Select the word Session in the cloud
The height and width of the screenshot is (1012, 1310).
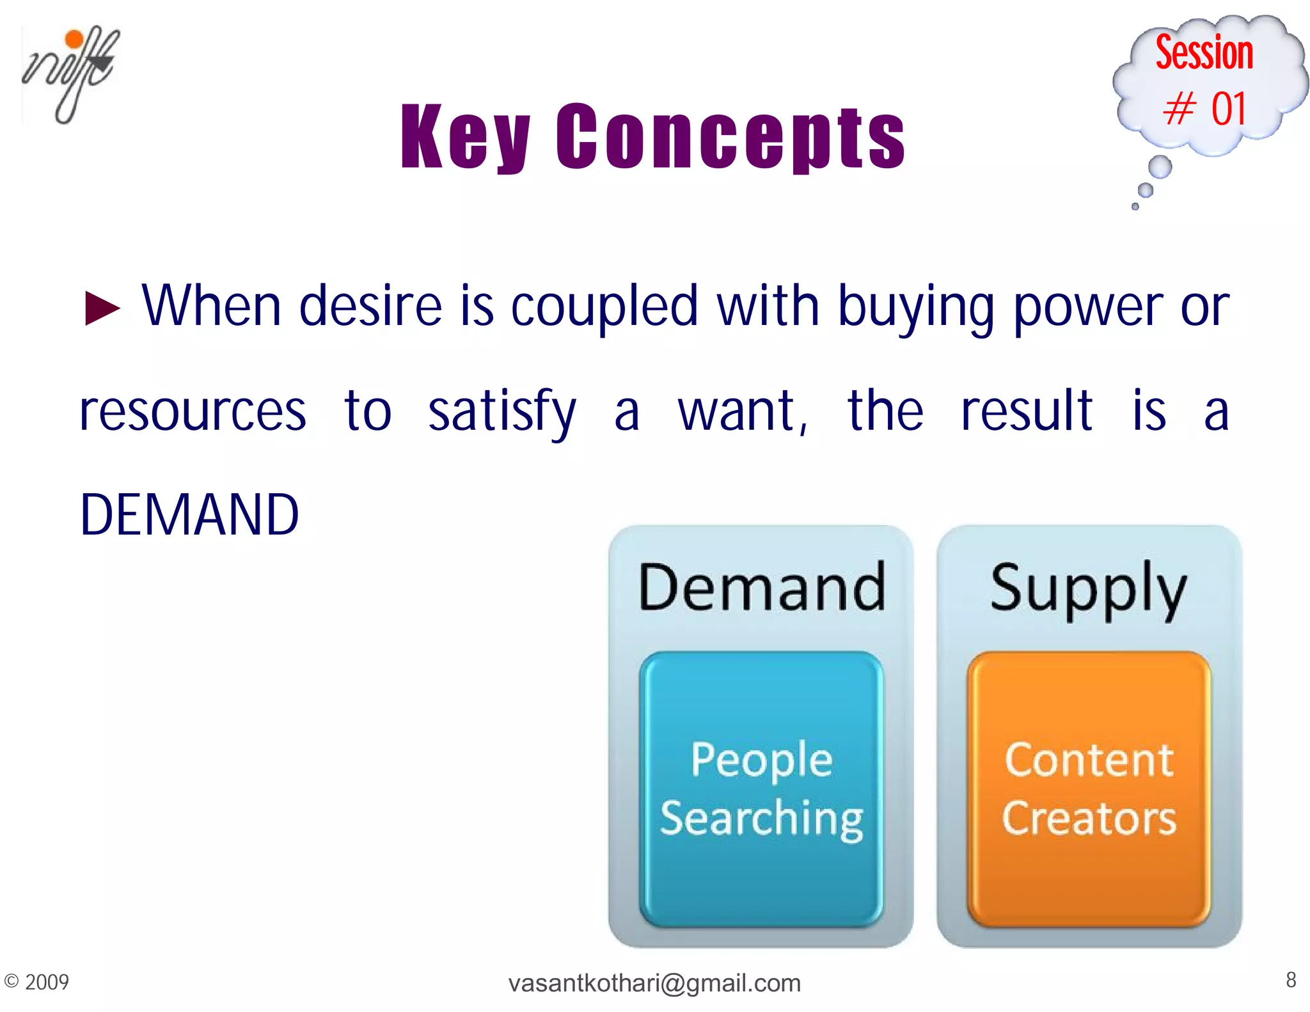1204,53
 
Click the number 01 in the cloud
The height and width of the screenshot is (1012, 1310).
1228,109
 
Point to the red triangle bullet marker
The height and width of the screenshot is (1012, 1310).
102,308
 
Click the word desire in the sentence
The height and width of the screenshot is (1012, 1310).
370,306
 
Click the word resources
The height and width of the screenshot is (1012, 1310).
193,411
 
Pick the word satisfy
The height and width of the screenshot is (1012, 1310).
502,411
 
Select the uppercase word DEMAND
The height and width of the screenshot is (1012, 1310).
189,515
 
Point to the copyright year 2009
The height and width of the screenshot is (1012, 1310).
46,982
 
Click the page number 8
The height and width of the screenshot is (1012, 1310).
1291,979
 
